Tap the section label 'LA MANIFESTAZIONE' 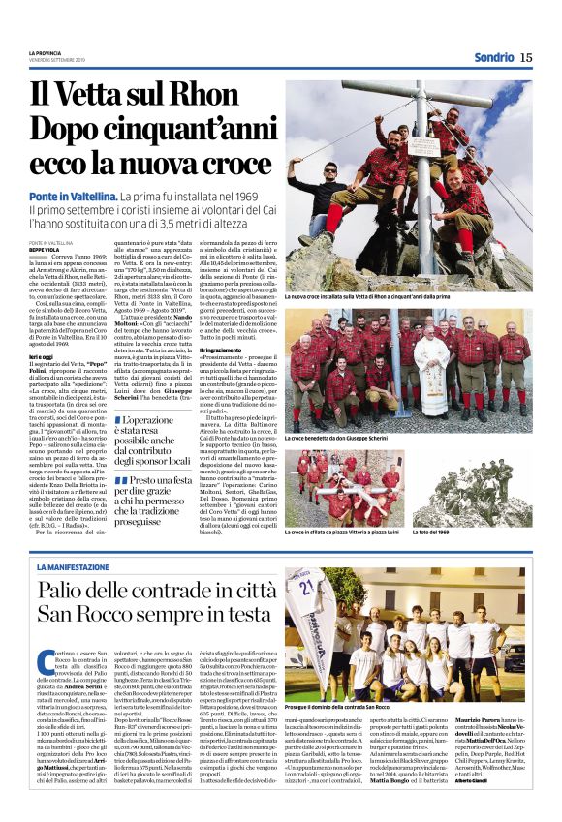(70, 566)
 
